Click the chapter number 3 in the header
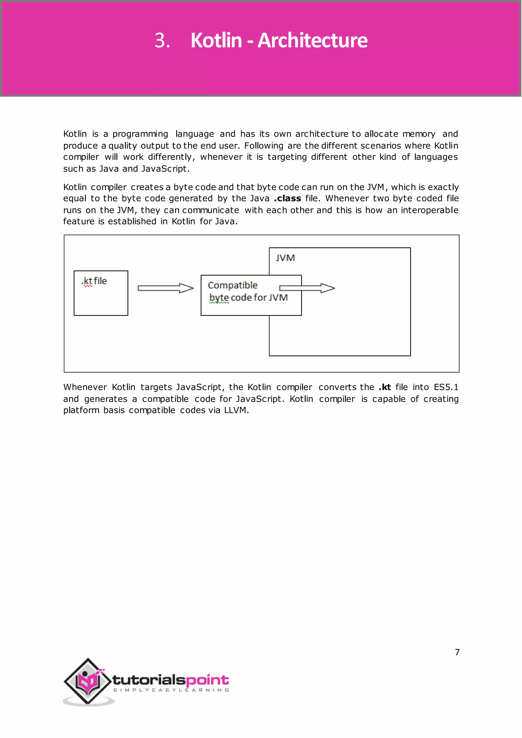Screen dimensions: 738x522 pyautogui.click(x=162, y=41)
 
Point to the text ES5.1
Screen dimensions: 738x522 pyautogui.click(x=446, y=387)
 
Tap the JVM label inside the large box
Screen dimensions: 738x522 pyautogui.click(x=285, y=258)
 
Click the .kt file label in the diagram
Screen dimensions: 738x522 pyautogui.click(x=94, y=281)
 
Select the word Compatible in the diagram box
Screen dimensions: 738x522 pyautogui.click(x=233, y=285)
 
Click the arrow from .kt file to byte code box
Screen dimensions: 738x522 pyautogui.click(x=165, y=288)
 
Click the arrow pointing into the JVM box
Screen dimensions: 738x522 pyautogui.click(x=307, y=288)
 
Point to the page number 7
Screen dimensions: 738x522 pyautogui.click(x=457, y=652)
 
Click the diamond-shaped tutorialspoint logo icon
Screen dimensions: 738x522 pyautogui.click(x=87, y=681)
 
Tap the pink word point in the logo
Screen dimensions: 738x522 pyautogui.click(x=207, y=680)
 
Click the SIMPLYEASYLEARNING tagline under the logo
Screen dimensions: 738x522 pyautogui.click(x=171, y=690)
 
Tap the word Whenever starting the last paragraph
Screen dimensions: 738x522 pyautogui.click(x=85, y=387)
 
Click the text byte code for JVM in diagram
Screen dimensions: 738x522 pyautogui.click(x=248, y=298)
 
